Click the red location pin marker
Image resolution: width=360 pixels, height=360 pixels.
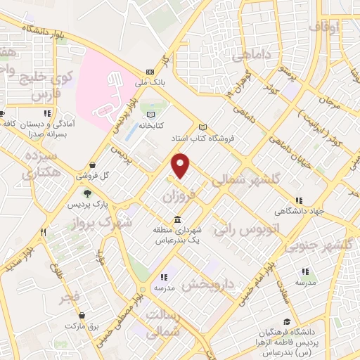(181, 165)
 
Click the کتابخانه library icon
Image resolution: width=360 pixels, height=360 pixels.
(150, 114)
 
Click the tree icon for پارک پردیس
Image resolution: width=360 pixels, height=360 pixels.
(86, 193)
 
